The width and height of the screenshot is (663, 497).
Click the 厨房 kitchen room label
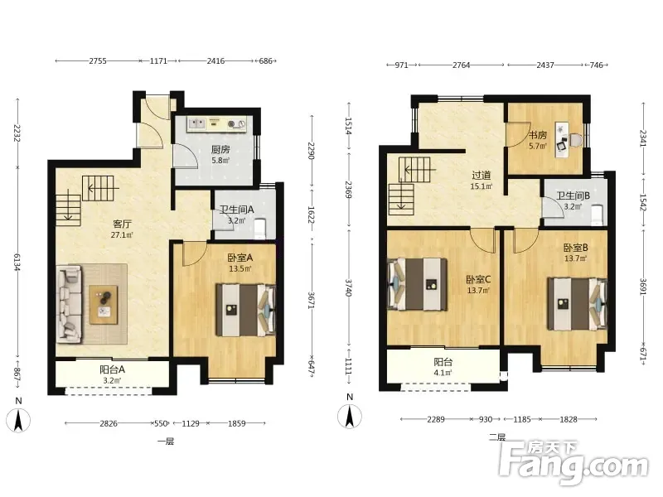[220, 150]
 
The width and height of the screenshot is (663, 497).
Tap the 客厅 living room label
[122, 224]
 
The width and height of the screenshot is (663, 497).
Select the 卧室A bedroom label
[240, 258]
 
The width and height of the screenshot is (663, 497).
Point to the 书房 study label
[538, 135]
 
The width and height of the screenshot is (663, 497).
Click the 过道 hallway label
[482, 175]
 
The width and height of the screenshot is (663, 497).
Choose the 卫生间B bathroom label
[573, 196]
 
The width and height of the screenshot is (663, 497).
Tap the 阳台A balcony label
[112, 369]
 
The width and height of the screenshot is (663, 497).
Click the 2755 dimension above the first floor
[98, 60]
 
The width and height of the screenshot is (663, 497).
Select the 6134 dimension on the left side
[17, 263]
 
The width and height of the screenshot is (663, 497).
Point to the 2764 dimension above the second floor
[462, 65]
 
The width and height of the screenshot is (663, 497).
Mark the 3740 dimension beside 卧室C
[348, 287]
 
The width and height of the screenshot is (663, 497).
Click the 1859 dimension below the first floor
[237, 423]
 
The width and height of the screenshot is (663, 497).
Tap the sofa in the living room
[70, 303]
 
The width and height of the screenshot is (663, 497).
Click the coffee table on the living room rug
[104, 305]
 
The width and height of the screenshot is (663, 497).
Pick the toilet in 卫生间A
[260, 227]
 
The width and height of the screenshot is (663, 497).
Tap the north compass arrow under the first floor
[18, 421]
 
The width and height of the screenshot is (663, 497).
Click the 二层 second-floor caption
[497, 437]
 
